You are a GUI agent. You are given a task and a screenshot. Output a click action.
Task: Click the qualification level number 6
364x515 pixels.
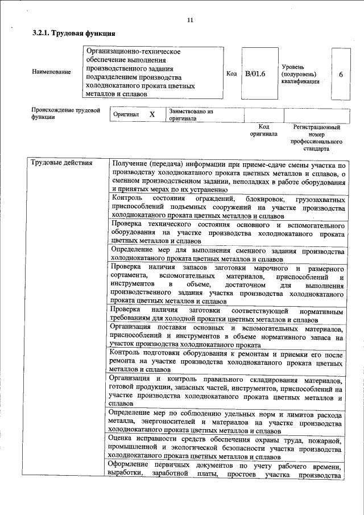coord(340,74)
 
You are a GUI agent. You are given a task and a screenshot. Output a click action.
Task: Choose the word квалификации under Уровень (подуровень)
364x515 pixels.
coord(300,81)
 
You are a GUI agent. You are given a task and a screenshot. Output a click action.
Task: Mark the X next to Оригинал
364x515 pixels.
coord(152,114)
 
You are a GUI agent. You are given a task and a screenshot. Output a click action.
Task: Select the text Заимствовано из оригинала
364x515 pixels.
coord(190,116)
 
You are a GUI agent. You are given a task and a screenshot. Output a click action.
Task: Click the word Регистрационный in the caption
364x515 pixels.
coord(316,127)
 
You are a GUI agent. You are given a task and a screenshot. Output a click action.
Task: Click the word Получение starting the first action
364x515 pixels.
coord(130,164)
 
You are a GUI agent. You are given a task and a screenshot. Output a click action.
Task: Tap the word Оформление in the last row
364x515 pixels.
coord(131,466)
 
